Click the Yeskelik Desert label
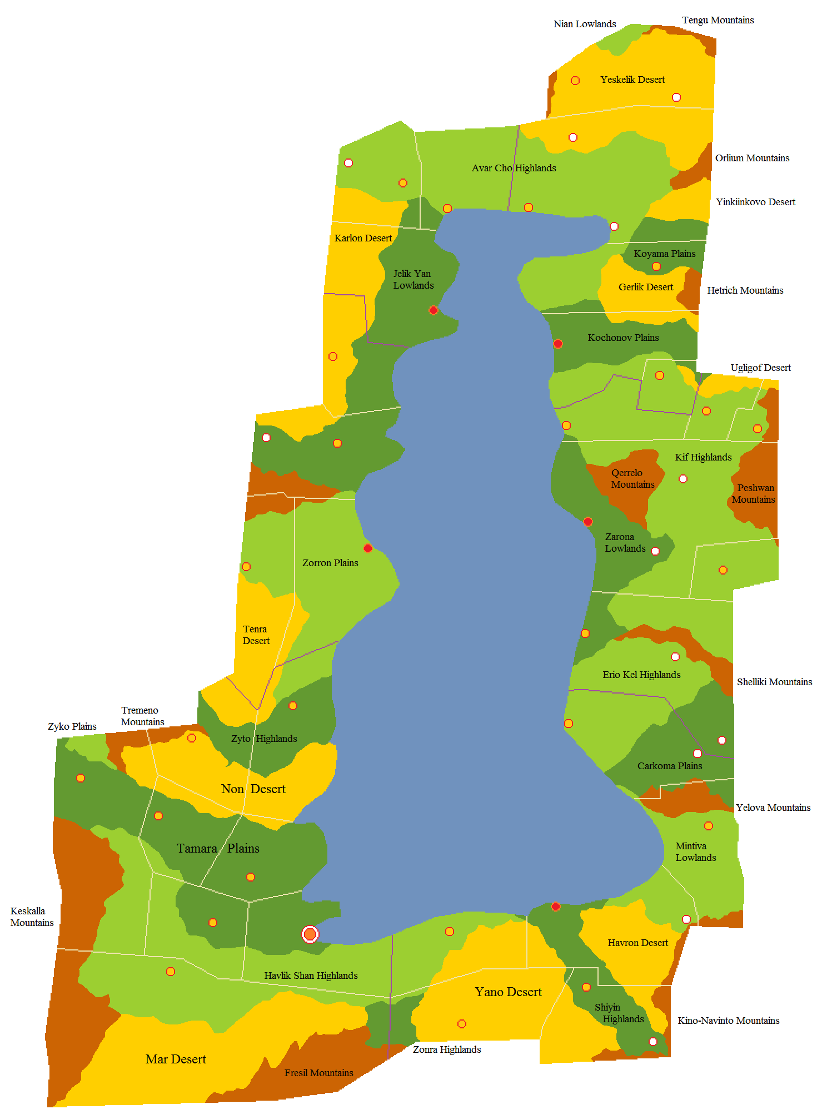point(632,80)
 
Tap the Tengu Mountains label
point(718,20)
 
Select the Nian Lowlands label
point(584,24)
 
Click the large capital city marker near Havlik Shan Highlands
point(310,934)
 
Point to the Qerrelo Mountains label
point(632,478)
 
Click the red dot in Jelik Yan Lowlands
point(434,310)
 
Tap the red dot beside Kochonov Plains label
point(558,344)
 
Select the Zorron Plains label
point(330,563)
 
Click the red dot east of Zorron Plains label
point(368,548)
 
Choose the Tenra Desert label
point(256,635)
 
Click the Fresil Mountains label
point(318,1073)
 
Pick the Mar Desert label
point(176,1059)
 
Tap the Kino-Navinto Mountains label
point(728,1021)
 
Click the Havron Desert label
point(637,943)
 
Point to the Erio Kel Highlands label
point(641,675)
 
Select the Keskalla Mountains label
point(32,917)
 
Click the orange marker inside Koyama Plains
point(656,266)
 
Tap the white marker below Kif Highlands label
point(683,479)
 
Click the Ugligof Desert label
point(760,368)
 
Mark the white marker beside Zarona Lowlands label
point(655,551)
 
